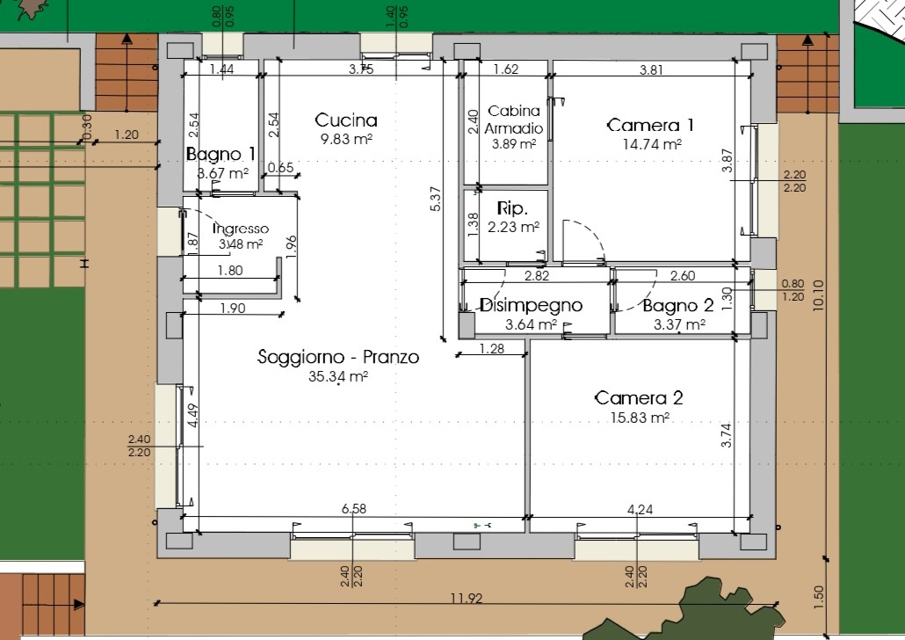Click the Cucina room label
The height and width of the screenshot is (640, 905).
(x=345, y=120)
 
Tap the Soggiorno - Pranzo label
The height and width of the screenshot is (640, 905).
(x=338, y=356)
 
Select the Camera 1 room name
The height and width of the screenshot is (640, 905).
(x=650, y=126)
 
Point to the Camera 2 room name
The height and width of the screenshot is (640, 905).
(x=639, y=398)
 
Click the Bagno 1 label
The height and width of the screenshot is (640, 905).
(x=221, y=154)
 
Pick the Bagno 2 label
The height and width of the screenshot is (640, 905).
(x=678, y=306)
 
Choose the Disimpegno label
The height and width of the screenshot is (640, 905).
(x=531, y=305)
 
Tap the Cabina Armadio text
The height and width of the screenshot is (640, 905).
(x=514, y=119)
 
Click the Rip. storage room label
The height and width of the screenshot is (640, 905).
(x=512, y=208)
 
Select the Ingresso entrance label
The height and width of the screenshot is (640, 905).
(x=241, y=229)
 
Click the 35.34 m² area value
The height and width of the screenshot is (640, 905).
(x=338, y=376)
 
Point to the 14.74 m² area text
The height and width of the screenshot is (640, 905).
(x=652, y=144)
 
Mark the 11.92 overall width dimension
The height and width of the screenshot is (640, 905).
(x=467, y=598)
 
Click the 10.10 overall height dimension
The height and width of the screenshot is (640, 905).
(x=818, y=295)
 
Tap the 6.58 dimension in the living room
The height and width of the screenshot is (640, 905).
(x=354, y=508)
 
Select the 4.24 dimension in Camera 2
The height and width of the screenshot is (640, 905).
(x=640, y=510)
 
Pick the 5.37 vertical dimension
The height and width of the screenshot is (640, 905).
(x=436, y=198)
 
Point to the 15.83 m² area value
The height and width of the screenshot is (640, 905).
(x=640, y=417)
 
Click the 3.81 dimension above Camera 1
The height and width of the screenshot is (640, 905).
(x=651, y=70)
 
